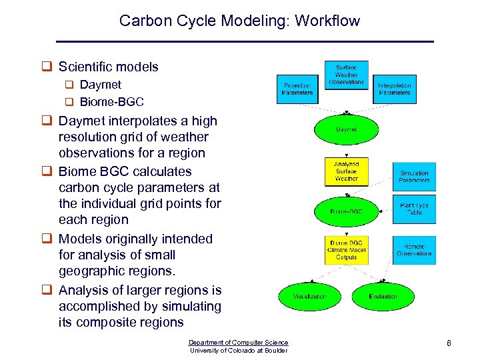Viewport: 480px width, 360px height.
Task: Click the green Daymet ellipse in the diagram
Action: coord(346,129)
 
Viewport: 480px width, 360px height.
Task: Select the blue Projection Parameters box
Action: coord(297,89)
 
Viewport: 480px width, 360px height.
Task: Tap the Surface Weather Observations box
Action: coord(346,75)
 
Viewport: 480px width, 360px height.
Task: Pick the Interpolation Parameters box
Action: coord(395,89)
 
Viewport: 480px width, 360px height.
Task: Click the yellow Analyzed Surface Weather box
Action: coord(346,171)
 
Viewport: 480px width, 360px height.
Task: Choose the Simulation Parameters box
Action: coord(414,177)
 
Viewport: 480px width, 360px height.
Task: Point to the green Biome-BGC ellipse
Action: coord(346,211)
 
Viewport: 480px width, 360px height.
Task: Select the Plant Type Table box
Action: coord(414,209)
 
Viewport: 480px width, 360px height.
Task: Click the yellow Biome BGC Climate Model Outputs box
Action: coord(346,251)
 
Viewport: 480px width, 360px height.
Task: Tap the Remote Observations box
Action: coord(414,250)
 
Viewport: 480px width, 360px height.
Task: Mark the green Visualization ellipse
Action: coord(310,296)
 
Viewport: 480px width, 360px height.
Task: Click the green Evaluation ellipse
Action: coord(383,296)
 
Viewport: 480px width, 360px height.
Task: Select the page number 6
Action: coord(449,343)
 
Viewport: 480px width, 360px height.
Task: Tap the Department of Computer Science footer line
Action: coord(239,342)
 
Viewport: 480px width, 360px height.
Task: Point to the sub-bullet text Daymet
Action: coord(100,85)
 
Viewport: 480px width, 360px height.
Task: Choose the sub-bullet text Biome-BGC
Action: coord(111,103)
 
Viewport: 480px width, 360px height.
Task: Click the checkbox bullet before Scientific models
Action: coord(47,67)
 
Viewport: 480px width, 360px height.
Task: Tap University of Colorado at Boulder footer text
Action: coord(239,351)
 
